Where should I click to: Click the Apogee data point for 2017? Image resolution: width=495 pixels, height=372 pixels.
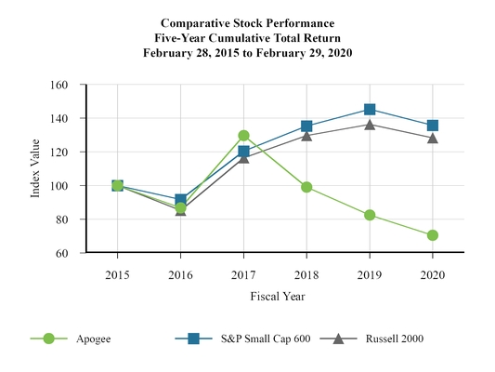tap(243, 136)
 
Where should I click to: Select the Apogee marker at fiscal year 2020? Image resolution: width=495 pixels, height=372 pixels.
tap(433, 235)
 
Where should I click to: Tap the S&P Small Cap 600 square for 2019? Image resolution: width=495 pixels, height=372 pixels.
tap(370, 110)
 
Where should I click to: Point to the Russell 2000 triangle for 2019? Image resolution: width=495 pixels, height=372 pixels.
tap(370, 124)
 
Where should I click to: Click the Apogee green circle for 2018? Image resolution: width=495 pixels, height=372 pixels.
tap(306, 187)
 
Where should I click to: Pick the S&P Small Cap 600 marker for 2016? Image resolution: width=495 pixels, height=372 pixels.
tap(180, 200)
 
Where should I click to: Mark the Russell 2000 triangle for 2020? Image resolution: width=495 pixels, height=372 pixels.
tap(433, 138)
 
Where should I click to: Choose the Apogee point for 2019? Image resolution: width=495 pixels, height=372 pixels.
tap(370, 215)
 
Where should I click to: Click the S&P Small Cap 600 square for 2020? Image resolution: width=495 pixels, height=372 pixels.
tap(433, 126)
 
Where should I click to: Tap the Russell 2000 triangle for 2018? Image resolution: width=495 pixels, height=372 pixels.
tap(306, 135)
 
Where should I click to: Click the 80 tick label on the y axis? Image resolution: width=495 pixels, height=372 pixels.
tap(61, 219)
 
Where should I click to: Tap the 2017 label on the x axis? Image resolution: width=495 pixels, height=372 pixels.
tap(243, 275)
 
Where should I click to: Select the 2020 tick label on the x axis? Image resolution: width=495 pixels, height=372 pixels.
tap(433, 275)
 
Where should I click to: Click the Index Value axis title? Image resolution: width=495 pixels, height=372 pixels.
tap(35, 169)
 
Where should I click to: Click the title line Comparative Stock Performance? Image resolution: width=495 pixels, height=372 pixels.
tap(247, 21)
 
